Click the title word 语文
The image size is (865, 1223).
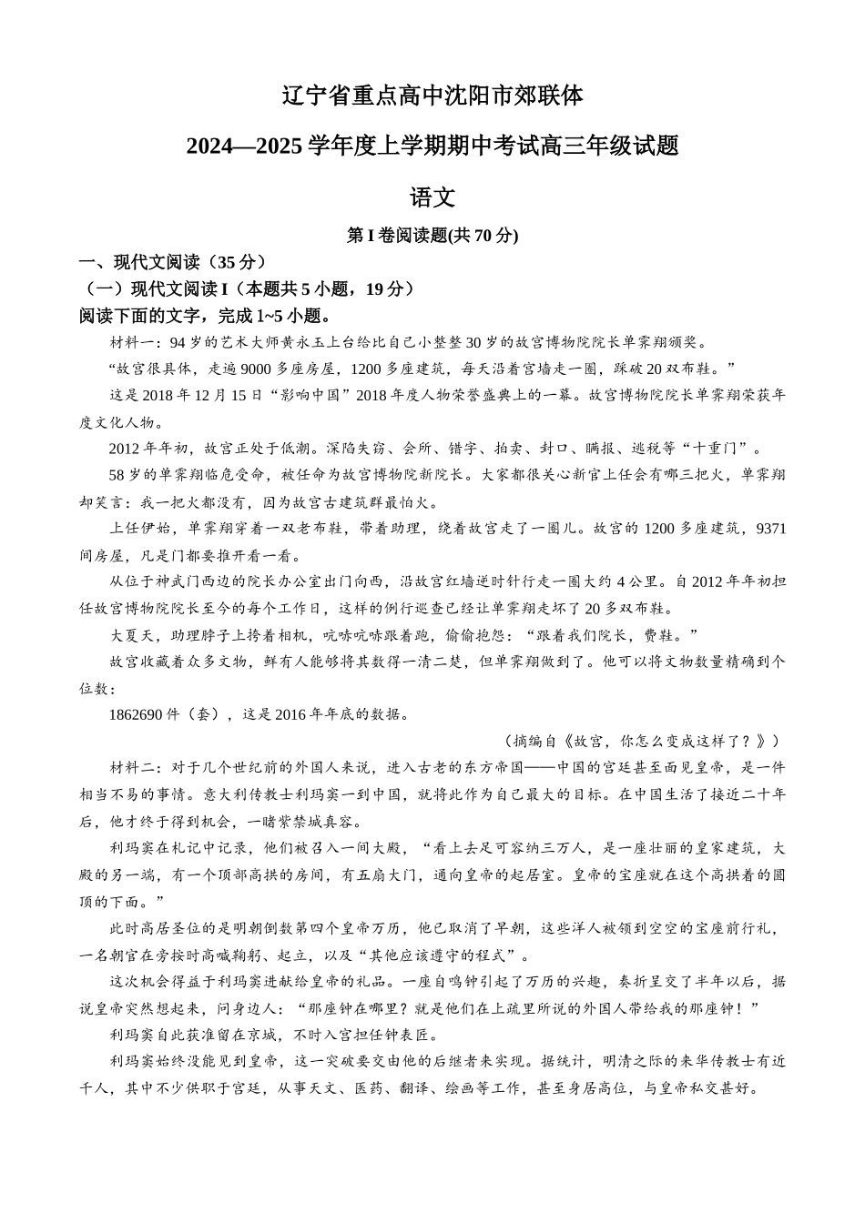(432, 197)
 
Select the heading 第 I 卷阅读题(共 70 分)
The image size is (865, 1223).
(432, 236)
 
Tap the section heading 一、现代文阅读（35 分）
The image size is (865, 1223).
(173, 262)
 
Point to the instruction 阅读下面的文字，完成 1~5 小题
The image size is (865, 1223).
(204, 316)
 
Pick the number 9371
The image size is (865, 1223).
(770, 529)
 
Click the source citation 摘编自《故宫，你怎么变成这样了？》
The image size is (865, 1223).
(641, 741)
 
